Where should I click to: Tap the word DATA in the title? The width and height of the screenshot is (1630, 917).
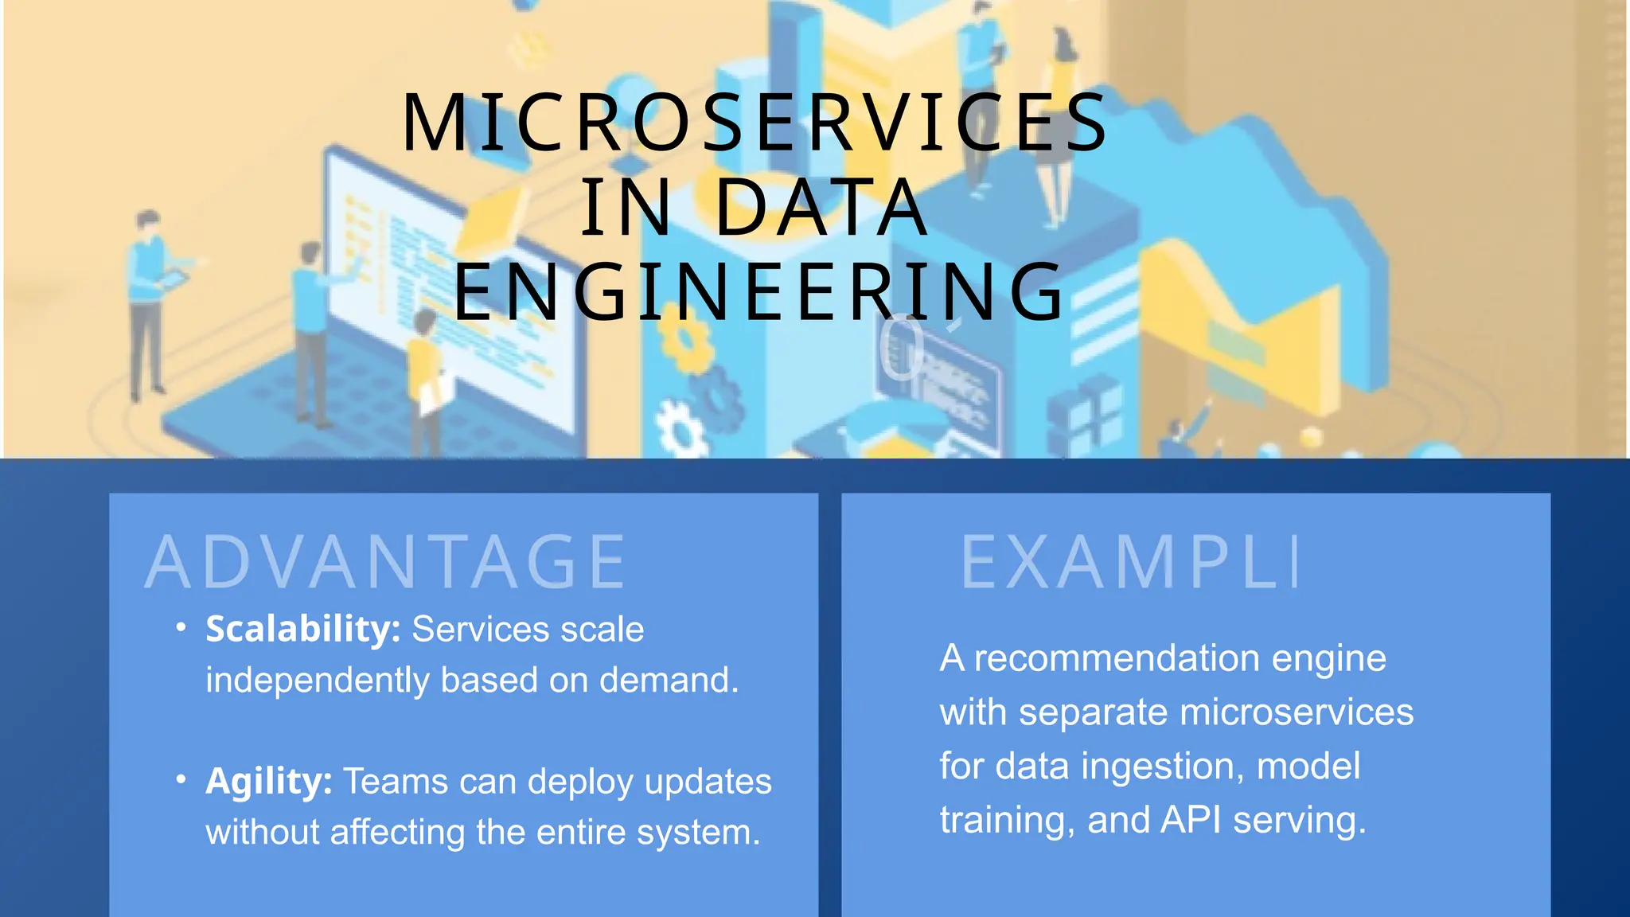click(x=821, y=208)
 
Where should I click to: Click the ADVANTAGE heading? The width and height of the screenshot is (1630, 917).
click(x=387, y=563)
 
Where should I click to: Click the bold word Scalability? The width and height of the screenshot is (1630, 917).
click(x=303, y=629)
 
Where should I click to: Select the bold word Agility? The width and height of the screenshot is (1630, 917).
click(x=269, y=781)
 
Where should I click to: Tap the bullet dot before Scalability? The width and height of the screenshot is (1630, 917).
click(x=181, y=628)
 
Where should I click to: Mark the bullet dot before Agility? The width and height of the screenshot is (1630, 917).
click(x=181, y=780)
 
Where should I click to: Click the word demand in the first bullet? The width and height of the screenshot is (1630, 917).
click(x=669, y=681)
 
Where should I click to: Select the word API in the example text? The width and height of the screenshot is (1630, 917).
click(x=1191, y=820)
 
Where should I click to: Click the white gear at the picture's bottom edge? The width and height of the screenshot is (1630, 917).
click(x=681, y=429)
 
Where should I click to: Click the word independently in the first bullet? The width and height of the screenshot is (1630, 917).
click(x=317, y=681)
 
